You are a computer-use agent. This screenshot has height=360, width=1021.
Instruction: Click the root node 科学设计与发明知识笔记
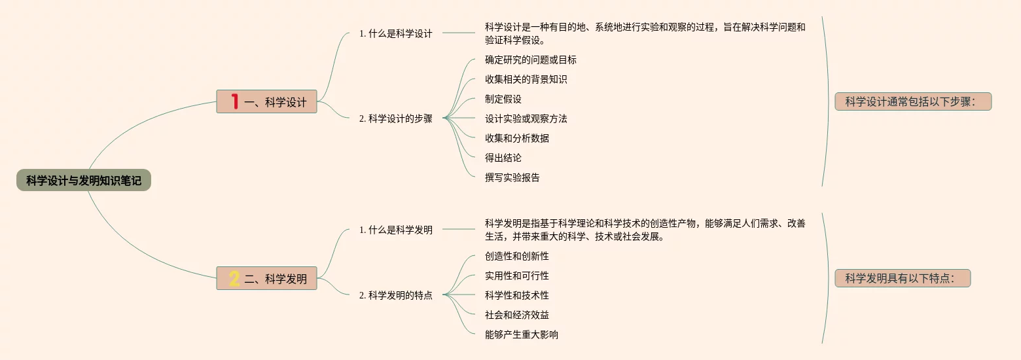coord(84,180)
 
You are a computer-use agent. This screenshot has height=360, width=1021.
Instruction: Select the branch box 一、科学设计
coord(266,101)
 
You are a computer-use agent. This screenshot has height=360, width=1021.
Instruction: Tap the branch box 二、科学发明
coord(266,278)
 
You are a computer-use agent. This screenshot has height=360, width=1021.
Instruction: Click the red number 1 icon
coord(234,101)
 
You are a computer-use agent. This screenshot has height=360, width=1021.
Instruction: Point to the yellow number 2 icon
coord(234,279)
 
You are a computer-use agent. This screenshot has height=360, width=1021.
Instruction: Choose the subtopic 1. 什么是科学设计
coord(395,33)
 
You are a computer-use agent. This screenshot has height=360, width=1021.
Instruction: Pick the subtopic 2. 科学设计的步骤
coord(395,118)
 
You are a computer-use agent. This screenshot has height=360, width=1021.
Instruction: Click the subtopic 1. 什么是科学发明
coord(395,230)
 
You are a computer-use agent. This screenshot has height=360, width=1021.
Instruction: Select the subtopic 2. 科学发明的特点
coord(395,295)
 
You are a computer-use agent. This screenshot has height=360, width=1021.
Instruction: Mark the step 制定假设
coord(503,99)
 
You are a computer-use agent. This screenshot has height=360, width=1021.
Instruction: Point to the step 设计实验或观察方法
coord(526,118)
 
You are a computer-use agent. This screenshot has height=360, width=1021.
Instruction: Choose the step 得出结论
coord(503,158)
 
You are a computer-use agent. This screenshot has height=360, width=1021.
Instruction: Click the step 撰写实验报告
coord(512,177)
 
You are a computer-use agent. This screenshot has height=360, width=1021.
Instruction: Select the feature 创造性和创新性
coord(516,256)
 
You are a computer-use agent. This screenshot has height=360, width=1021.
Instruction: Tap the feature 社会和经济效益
coord(516,315)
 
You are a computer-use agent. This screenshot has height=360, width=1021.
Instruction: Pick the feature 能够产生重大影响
coord(521,334)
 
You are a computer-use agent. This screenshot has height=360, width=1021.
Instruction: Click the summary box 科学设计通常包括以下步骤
coord(913,101)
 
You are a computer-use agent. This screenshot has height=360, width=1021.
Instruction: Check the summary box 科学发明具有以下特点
coord(903,278)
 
